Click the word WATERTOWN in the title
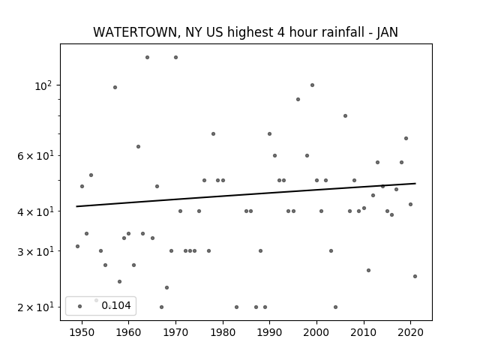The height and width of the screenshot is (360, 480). pos(135,32)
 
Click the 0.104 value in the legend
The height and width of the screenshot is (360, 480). pos(116,305)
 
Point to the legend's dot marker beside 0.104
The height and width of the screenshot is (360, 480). pos(80,306)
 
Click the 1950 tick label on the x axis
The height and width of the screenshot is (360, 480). pos(82,332)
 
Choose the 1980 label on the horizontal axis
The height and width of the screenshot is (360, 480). pos(223,332)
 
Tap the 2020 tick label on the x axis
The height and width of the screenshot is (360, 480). pos(410,332)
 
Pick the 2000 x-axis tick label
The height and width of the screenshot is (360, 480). pos(316,332)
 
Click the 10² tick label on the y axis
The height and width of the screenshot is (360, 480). pos(43,86)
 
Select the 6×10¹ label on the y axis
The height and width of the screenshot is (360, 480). pos(35,156)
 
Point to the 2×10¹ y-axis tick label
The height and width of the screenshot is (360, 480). pos(35,307)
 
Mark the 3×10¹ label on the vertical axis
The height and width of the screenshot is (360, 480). pos(35,252)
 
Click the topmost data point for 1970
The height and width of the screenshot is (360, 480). pos(175,57)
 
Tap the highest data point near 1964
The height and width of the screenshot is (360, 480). pos(147,57)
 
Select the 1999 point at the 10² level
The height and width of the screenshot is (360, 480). pos(312,85)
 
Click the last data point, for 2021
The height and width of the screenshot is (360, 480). pos(415,276)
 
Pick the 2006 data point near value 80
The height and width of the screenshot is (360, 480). pos(345,115)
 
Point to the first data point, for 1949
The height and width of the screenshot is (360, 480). pos(77,246)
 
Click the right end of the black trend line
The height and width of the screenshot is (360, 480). pos(415,183)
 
